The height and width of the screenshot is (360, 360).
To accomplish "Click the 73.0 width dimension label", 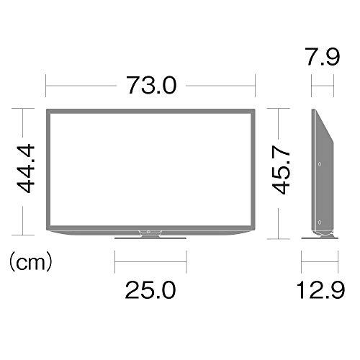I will click(x=151, y=85).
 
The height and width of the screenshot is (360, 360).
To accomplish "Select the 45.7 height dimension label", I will click(x=283, y=173).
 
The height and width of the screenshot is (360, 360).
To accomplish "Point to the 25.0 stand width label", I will click(x=150, y=290).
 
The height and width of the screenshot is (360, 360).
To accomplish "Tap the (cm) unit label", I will click(x=30, y=261).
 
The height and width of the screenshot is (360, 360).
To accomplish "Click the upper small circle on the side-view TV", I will click(x=318, y=165).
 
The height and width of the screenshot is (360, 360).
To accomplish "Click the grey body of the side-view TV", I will click(x=322, y=180).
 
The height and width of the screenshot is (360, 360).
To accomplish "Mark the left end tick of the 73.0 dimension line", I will click(x=46, y=86).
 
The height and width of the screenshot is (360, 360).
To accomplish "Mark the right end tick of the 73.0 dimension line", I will click(x=255, y=86).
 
